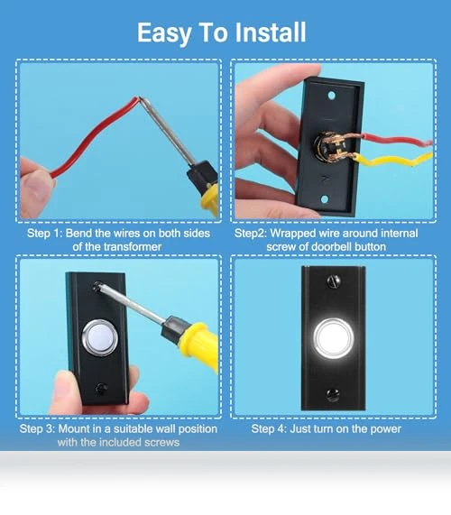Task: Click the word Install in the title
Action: (x=271, y=32)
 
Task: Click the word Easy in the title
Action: (x=164, y=32)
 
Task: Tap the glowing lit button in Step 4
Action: (x=333, y=338)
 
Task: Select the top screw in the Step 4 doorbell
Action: (x=334, y=281)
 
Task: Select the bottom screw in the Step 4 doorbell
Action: (x=333, y=394)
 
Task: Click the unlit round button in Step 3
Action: (x=100, y=337)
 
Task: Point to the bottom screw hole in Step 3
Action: (x=102, y=389)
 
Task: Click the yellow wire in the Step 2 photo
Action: (x=393, y=161)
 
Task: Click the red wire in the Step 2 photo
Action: (x=397, y=140)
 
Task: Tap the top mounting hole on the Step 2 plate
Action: (x=331, y=96)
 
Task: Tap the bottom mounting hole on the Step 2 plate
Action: (x=325, y=199)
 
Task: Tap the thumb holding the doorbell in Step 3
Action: (x=67, y=390)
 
